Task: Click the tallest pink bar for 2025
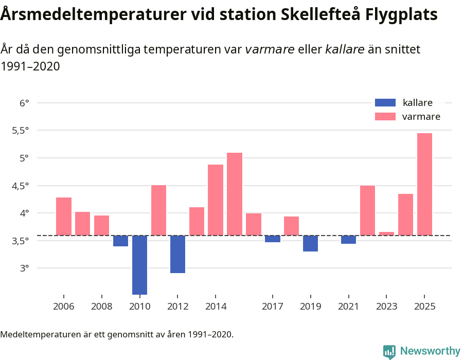tap(424, 184)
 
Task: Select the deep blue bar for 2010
tap(139, 265)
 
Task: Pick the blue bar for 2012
tap(177, 254)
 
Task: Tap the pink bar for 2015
tap(235, 194)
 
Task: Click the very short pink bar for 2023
tap(386, 233)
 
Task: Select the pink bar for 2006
tap(64, 216)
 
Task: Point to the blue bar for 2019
tap(310, 243)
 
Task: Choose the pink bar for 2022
tap(367, 210)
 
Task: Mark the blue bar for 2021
tap(348, 240)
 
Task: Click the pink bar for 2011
tap(158, 210)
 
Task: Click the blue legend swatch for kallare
tap(385, 102)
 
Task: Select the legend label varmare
tap(421, 117)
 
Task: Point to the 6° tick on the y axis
tap(25, 103)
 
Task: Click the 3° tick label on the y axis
tap(25, 268)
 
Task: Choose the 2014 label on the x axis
tap(216, 307)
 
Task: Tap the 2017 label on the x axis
tap(273, 307)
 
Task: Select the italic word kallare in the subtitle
tap(345, 49)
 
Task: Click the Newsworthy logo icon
tap(389, 351)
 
